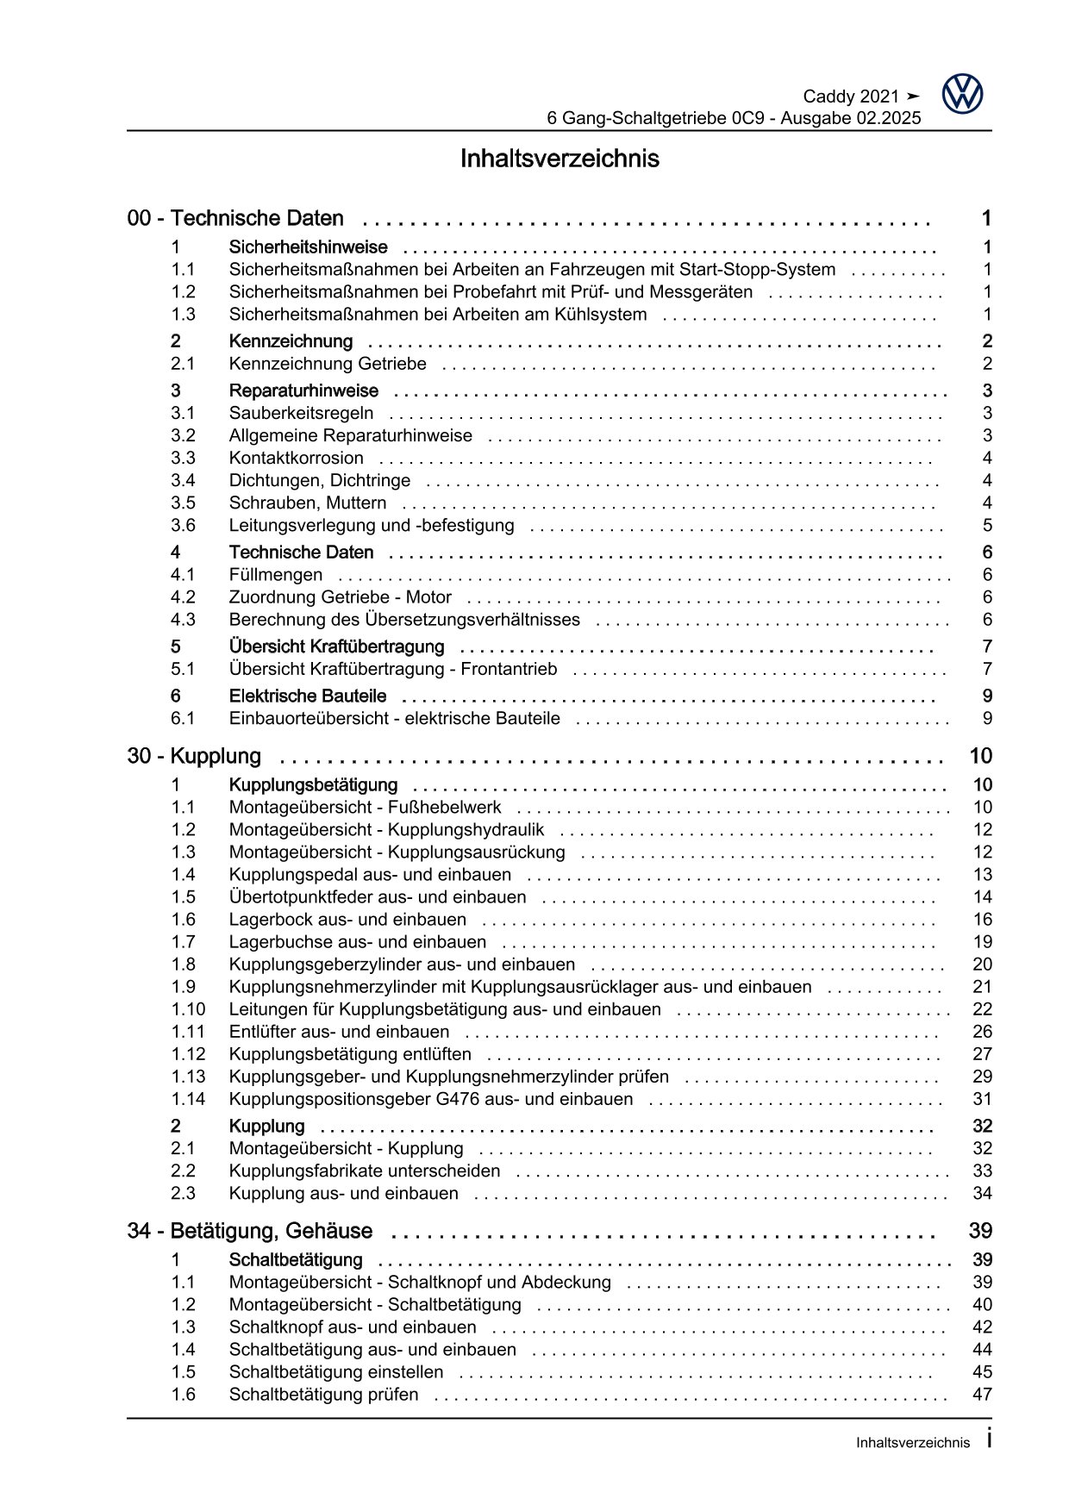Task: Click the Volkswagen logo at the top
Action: pos(962,94)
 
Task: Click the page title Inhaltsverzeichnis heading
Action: pos(560,159)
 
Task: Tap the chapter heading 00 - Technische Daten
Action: pos(235,219)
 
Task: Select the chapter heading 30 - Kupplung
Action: pos(194,757)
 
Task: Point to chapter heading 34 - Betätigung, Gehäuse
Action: pos(250,1231)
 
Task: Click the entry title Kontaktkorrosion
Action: pos(296,459)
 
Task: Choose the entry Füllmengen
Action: pos(275,575)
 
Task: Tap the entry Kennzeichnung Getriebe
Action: pos(327,365)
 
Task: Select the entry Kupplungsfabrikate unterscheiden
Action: pos(364,1171)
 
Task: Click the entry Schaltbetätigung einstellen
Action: pos(335,1372)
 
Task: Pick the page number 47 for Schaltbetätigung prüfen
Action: pos(982,1395)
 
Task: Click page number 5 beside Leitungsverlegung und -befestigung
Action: pos(987,526)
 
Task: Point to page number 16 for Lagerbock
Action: pos(982,920)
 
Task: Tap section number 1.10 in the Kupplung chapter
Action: pos(188,1009)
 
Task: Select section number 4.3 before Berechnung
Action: pos(183,620)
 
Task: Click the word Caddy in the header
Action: pos(828,97)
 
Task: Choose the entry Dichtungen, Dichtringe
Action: pos(319,481)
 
